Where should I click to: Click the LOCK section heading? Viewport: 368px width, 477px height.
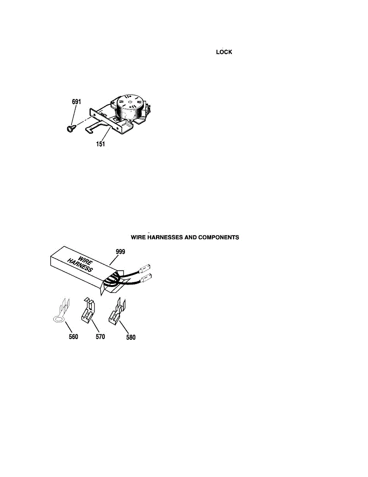pos(224,52)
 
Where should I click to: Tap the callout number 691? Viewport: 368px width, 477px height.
pos(76,102)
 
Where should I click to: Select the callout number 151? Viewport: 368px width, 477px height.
pos(100,144)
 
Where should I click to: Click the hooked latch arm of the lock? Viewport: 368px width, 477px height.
pos(94,127)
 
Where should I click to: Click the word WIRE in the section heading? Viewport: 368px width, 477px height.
pos(138,237)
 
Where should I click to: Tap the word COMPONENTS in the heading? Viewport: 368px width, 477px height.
pos(218,237)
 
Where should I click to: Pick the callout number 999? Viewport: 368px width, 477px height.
pos(121,252)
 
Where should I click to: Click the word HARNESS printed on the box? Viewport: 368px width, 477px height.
pos(80,265)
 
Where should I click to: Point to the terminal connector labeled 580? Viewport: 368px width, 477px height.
pos(117,311)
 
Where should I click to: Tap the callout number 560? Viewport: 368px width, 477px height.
pos(73,337)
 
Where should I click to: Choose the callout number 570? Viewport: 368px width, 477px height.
pos(100,337)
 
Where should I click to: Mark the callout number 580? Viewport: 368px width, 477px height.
pos(131,337)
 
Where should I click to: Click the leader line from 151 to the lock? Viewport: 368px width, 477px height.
pos(106,134)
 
